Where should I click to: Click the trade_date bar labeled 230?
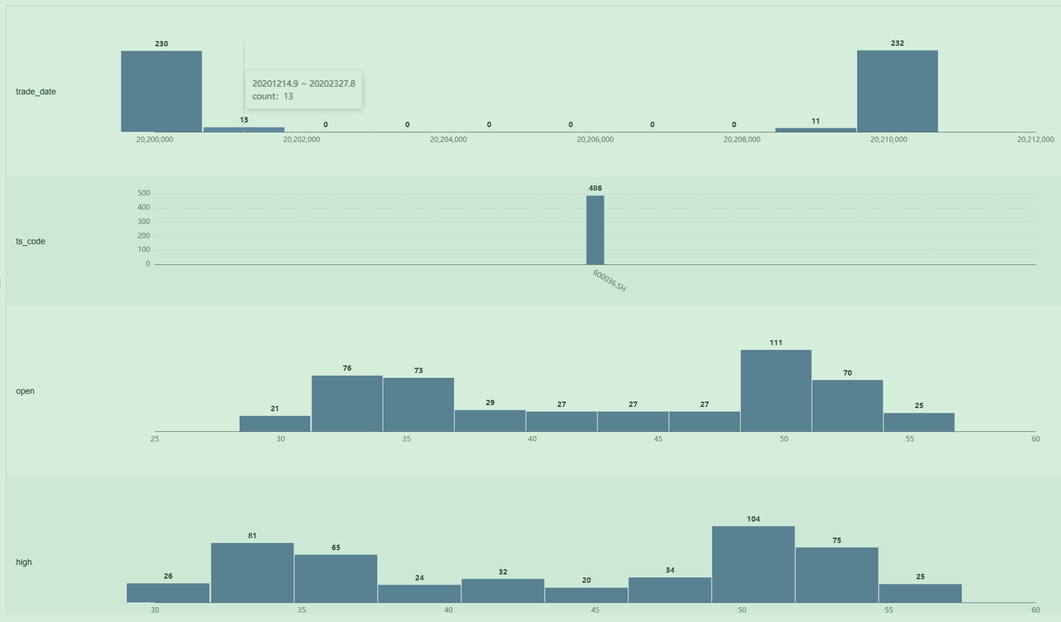[161, 91]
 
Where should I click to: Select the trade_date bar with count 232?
[897, 91]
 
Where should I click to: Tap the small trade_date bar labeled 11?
[816, 130]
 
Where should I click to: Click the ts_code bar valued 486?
[595, 230]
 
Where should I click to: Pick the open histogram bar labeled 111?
[776, 391]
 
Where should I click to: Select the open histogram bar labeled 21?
[275, 424]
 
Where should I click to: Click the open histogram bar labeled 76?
[347, 403]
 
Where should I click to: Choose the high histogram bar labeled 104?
[753, 564]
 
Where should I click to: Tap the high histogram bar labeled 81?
[252, 573]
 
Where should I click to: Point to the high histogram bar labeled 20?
[586, 595]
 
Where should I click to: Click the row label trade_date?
[36, 91]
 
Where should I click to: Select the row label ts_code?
[30, 241]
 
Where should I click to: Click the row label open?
[25, 391]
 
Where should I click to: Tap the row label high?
[24, 562]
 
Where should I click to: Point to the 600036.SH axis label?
[609, 280]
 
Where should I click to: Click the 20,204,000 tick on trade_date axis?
[448, 140]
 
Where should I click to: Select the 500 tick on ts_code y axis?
[144, 193]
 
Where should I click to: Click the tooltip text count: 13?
[272, 96]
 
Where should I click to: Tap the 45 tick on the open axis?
[658, 439]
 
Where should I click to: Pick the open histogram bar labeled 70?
[847, 406]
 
